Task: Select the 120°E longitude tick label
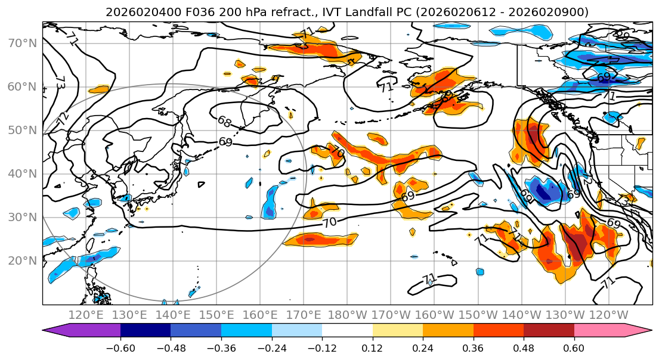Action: tap(86, 315)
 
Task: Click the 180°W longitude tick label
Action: tap(346, 315)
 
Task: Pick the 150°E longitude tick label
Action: tap(216, 315)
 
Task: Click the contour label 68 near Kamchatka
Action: tap(224, 122)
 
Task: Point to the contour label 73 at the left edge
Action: tap(60, 83)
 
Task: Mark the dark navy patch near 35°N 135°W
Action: tap(543, 192)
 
